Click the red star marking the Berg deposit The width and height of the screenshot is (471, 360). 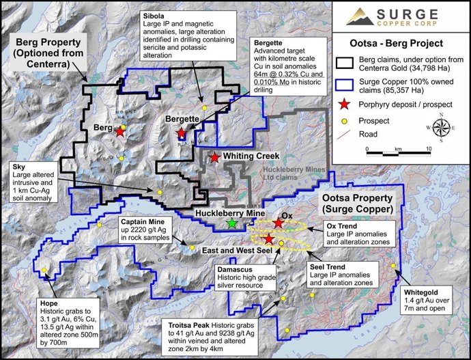coord(121,131)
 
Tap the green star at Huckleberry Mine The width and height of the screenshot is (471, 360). coord(233,223)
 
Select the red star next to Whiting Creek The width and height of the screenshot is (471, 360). coord(215,158)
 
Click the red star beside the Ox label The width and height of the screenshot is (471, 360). coord(279,223)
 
